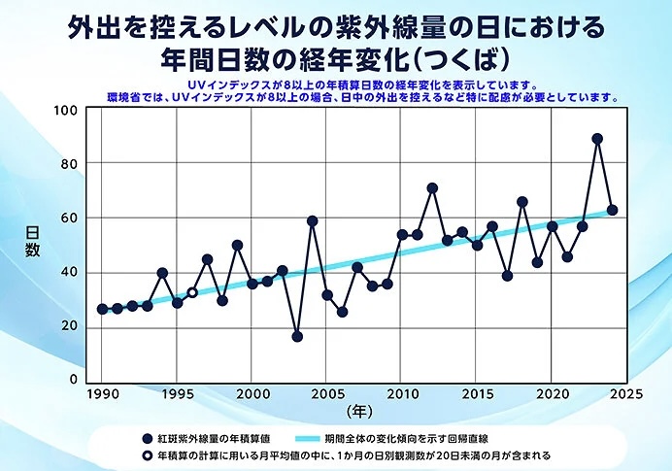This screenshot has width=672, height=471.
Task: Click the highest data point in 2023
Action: (x=597, y=139)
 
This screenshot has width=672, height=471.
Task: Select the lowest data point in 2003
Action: (x=297, y=337)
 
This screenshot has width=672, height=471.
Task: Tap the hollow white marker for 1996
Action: (x=192, y=292)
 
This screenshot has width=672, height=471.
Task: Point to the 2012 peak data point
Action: (x=432, y=188)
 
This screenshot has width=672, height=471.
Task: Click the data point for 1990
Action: (x=102, y=309)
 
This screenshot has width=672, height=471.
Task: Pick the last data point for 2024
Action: (x=613, y=210)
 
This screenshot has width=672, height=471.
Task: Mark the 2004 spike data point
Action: (x=313, y=221)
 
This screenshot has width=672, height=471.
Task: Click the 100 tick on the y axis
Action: (x=66, y=111)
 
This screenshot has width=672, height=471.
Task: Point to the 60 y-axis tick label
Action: (x=69, y=219)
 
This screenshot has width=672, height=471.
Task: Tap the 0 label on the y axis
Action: (x=74, y=380)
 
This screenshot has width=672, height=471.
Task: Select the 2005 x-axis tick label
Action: (x=327, y=394)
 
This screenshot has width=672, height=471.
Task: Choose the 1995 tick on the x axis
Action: (x=177, y=394)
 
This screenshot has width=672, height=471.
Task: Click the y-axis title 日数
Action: (x=32, y=242)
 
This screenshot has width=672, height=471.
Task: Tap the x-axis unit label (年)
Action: (x=359, y=412)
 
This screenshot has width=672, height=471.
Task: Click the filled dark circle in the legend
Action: (x=148, y=438)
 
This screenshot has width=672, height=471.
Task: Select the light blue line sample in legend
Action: (x=308, y=438)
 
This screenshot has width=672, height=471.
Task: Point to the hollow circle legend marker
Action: (x=148, y=455)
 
